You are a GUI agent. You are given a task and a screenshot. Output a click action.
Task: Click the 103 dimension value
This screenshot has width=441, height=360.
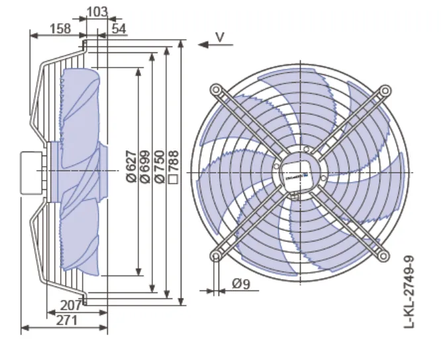tap(97, 12)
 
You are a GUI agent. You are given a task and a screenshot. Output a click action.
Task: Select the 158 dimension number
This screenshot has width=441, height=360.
tap(60, 28)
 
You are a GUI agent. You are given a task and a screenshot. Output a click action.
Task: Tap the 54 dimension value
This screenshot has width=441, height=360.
tap(119, 28)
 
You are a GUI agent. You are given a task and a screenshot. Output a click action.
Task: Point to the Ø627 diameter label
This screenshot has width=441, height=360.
tap(131, 167)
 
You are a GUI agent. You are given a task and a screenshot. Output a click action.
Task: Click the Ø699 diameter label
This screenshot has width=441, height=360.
tap(146, 167)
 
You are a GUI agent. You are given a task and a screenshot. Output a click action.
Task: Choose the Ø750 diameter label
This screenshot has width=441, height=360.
tap(160, 167)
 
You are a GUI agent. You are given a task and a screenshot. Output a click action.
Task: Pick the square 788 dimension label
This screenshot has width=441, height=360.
tap(173, 167)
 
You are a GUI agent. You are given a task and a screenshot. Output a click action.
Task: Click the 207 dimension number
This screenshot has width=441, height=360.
tap(71, 306)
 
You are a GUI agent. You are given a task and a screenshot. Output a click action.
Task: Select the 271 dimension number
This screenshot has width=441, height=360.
tap(67, 320)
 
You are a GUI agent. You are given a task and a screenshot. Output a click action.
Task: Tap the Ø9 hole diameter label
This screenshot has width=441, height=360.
tap(241, 284)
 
